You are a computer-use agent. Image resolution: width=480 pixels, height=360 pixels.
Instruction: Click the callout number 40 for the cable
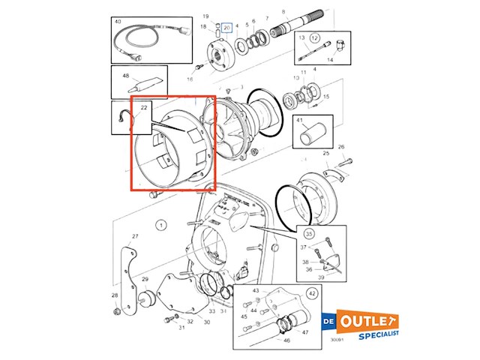(x=118, y=22)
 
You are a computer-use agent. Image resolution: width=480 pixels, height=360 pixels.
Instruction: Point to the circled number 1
(x=160, y=224)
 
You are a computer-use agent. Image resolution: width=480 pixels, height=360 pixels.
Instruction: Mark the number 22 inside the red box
(x=144, y=109)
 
